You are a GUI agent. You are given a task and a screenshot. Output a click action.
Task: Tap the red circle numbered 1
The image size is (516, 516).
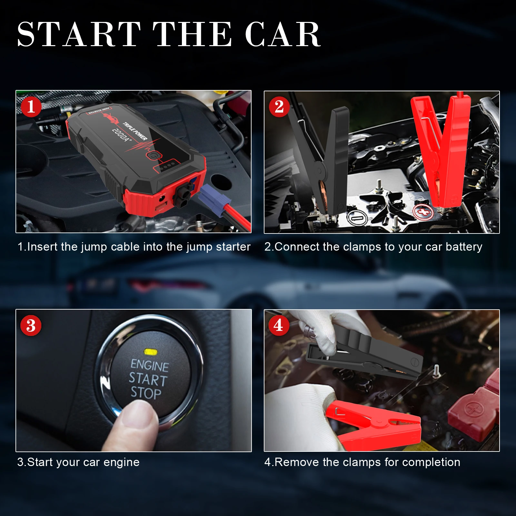pyautogui.click(x=31, y=107)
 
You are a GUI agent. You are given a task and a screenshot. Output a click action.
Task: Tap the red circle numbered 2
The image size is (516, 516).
pyautogui.click(x=279, y=107)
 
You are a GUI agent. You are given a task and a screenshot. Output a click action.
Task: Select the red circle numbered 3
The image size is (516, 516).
pyautogui.click(x=31, y=325)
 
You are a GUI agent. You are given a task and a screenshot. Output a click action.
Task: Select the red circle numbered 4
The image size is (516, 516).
pyautogui.click(x=278, y=325)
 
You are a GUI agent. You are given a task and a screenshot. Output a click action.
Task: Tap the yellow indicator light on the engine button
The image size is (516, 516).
pyautogui.click(x=151, y=352)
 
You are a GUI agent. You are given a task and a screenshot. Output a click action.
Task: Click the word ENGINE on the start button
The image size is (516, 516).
pyautogui.click(x=150, y=366)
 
